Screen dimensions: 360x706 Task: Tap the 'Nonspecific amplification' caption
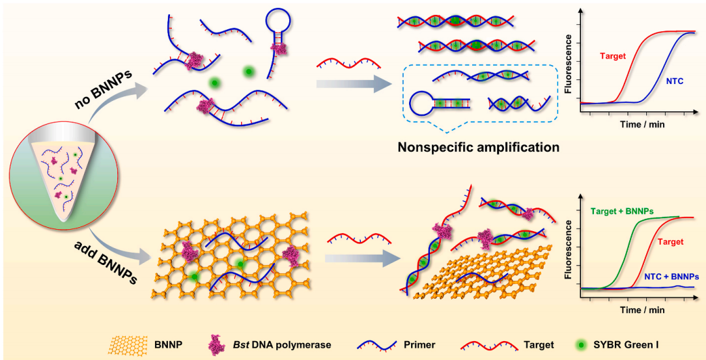click(479, 147)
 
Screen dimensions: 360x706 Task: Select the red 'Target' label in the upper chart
click(613, 56)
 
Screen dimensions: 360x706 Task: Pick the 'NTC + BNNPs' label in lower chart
click(668, 276)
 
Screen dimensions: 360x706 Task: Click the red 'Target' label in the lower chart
click(671, 242)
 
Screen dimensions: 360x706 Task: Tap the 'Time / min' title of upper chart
click(642, 122)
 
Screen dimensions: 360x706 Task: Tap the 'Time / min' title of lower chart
click(642, 309)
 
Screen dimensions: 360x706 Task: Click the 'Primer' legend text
click(421, 345)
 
